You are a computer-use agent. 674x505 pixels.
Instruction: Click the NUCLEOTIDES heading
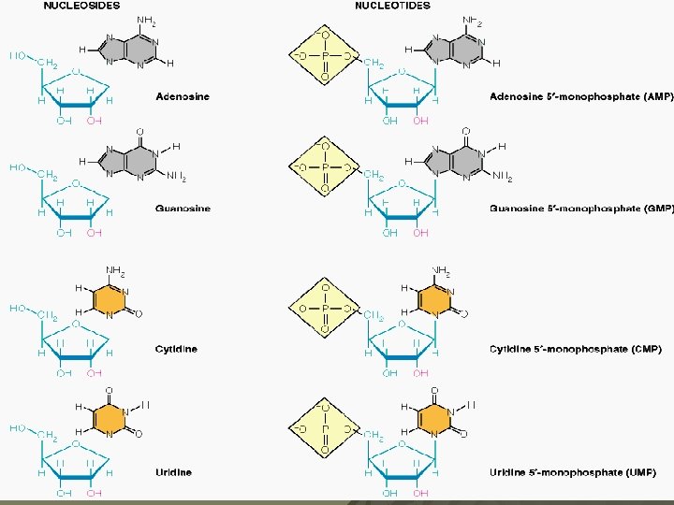[x=392, y=6]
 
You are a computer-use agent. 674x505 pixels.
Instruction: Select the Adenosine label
[x=183, y=96]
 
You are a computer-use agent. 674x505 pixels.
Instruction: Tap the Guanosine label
[x=183, y=209]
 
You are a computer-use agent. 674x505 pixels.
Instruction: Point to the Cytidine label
[x=176, y=350]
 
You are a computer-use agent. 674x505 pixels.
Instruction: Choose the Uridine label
[x=174, y=472]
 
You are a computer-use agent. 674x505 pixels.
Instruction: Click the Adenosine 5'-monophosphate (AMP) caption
[x=580, y=96]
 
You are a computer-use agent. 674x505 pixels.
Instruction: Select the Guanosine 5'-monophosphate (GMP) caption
[x=580, y=209]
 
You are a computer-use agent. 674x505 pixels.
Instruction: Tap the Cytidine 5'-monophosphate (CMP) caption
[x=575, y=350]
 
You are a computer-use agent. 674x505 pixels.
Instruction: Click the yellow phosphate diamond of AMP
[x=325, y=55]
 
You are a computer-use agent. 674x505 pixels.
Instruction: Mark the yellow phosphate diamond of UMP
[x=325, y=429]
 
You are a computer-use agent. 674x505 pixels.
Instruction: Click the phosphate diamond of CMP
[x=325, y=308]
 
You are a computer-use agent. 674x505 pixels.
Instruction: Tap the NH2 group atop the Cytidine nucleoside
[x=115, y=272]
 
